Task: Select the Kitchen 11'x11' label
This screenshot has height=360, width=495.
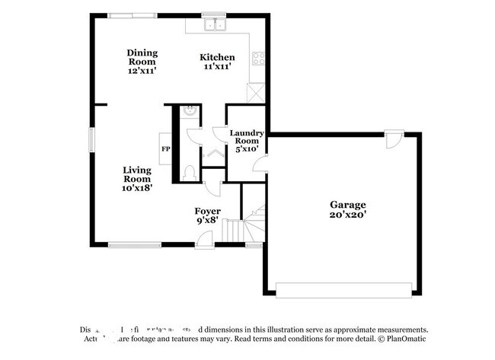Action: coord(217,62)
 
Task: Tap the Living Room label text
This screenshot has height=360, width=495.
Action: coord(137,179)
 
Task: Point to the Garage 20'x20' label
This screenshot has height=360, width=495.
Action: coord(347,209)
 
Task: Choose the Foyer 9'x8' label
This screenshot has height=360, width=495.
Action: coord(207,215)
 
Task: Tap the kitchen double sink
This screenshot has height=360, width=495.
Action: coord(214,26)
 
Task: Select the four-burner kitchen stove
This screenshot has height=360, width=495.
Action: coord(259,57)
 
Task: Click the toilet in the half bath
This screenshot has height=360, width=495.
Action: coord(190,172)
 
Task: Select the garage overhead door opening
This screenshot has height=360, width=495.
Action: coord(346,290)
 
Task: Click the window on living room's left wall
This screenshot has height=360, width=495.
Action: coord(92,140)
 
